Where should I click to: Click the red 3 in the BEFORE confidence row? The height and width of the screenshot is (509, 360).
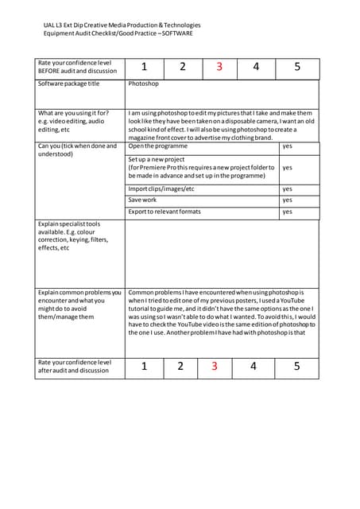coord(219,68)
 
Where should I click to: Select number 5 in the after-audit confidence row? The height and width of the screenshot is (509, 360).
coord(296,367)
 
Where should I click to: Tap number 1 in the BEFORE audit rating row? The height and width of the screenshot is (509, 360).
coord(144,68)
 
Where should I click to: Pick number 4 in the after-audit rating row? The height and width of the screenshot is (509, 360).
coord(254,367)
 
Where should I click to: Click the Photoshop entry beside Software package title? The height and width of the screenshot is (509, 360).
coord(144,84)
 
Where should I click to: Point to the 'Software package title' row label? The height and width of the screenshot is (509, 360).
coord(69,84)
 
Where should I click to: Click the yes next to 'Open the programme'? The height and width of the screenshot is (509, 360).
coord(288,146)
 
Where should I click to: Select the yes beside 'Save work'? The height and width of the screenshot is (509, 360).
coord(288,200)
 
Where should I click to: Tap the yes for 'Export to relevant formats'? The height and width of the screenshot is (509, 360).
coord(288,212)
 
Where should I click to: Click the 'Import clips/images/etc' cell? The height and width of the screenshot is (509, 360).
coord(161,189)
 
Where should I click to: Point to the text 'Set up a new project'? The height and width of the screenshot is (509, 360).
coord(157,160)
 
